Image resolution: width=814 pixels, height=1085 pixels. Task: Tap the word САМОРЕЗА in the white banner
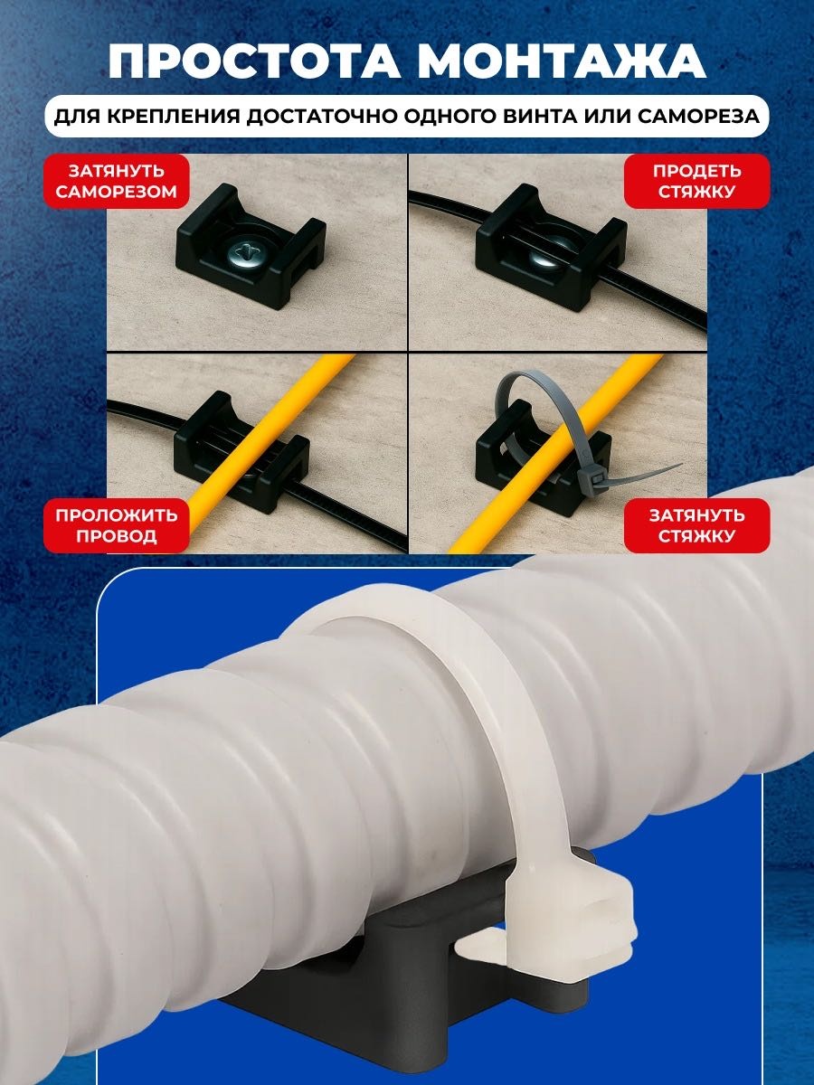click(x=699, y=117)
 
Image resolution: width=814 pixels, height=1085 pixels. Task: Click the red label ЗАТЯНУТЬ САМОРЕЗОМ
click(x=117, y=181)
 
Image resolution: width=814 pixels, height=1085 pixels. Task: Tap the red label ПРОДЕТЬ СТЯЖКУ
click(x=696, y=181)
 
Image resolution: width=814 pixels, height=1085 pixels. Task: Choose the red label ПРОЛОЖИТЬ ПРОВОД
click(x=117, y=525)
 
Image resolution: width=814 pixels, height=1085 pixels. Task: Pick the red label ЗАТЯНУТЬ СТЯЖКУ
click(x=696, y=525)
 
